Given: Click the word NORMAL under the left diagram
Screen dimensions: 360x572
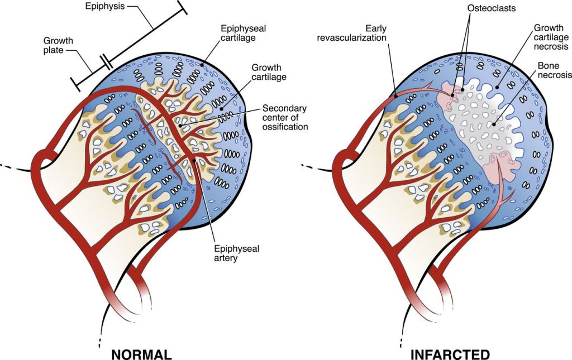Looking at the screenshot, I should tap(141, 354).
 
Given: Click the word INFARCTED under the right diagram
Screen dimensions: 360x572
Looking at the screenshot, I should tap(450, 354).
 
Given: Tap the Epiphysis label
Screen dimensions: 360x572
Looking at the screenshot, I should tap(105, 7).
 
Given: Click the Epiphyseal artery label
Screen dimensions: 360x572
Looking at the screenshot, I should tap(237, 255).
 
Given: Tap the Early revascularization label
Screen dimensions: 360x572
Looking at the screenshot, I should tap(366, 33).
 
